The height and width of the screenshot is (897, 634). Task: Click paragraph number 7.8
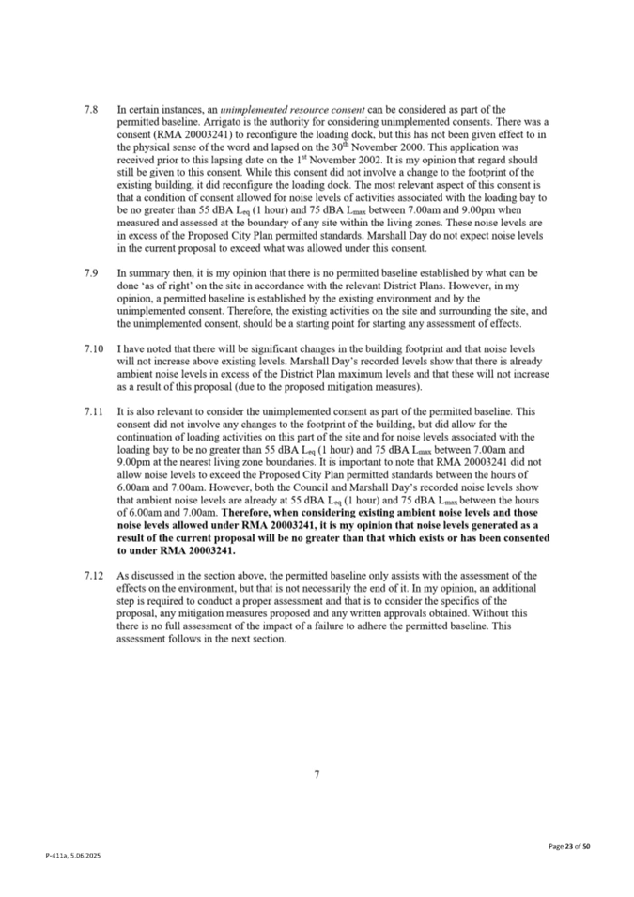tap(91, 110)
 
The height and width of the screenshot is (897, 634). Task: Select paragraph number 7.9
tap(91, 272)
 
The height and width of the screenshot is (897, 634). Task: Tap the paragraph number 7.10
tap(93, 348)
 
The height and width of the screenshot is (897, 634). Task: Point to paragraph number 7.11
tap(93, 411)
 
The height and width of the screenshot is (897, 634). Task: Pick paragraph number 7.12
tap(93, 575)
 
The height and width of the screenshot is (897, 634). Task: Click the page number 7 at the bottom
tap(317, 773)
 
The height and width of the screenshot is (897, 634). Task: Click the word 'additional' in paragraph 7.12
tap(508, 588)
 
